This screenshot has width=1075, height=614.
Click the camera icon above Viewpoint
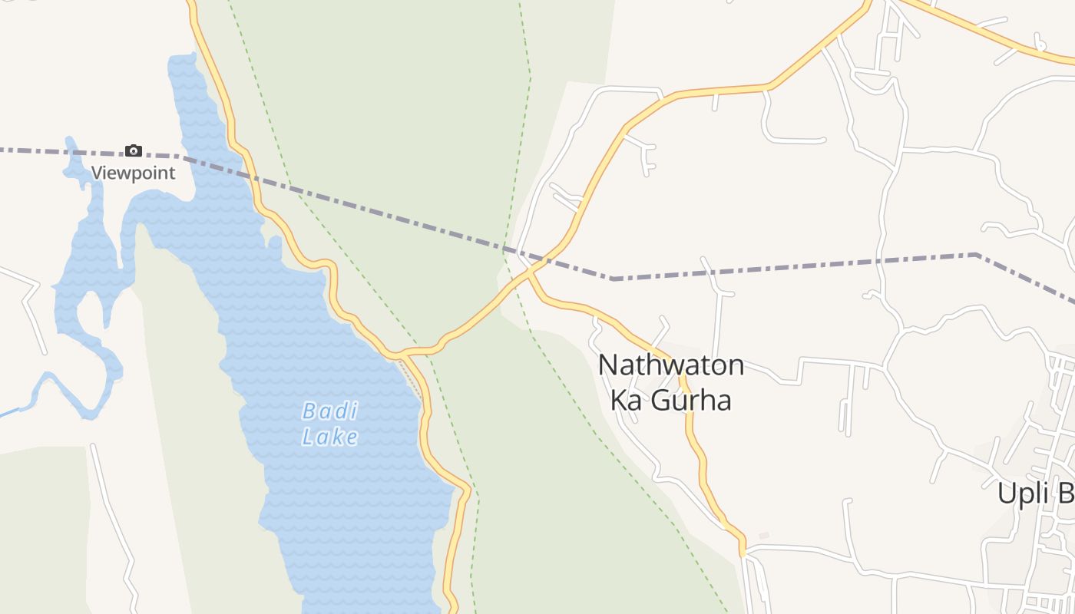[x=134, y=150]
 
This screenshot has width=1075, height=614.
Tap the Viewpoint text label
[x=134, y=173]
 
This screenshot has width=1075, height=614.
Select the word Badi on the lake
[x=329, y=411]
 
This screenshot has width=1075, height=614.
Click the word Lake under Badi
[x=329, y=437]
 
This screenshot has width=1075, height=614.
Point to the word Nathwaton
[x=671, y=365]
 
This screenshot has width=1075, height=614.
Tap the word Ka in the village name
[x=625, y=401]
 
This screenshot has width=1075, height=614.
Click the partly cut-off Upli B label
[x=1035, y=494]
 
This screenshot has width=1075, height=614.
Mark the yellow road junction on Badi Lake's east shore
[x=401, y=354]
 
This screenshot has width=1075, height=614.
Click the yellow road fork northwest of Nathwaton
[x=530, y=271]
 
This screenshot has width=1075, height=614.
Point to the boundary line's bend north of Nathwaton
[x=613, y=279]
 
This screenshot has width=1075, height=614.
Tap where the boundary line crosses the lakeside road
[x=250, y=175]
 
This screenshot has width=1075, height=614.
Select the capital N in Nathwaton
[x=607, y=366]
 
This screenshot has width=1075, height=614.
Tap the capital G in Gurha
[x=662, y=401]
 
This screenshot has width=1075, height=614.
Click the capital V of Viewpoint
[x=97, y=173]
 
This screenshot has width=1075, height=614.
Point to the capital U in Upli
[x=1006, y=494]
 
